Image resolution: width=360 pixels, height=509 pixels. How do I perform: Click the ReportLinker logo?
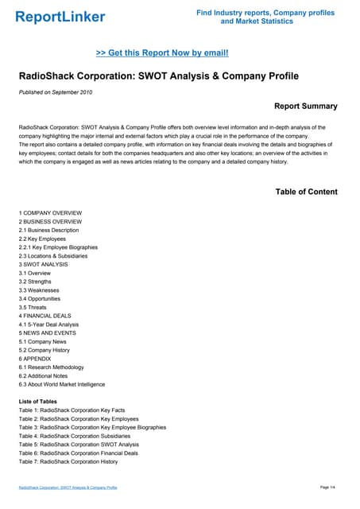[x=60, y=17]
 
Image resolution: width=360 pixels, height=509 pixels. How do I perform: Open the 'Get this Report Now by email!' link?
[x=162, y=52]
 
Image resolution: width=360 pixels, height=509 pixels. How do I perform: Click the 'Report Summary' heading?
[x=305, y=106]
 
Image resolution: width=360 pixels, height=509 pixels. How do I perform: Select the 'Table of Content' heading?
[x=306, y=192]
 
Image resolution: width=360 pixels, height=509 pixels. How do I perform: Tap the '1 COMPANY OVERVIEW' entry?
[x=50, y=213]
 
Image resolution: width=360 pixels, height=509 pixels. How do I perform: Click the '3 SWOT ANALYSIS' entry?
[x=44, y=264]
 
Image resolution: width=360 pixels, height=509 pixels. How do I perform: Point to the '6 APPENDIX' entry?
[x=37, y=359]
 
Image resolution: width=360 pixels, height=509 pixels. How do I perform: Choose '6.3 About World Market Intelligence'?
[x=62, y=384]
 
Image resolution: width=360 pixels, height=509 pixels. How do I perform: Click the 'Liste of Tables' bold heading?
[x=37, y=402]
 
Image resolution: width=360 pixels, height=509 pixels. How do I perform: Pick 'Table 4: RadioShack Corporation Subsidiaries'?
[x=75, y=436]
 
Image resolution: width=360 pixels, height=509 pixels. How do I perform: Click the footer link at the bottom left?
[x=68, y=487]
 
